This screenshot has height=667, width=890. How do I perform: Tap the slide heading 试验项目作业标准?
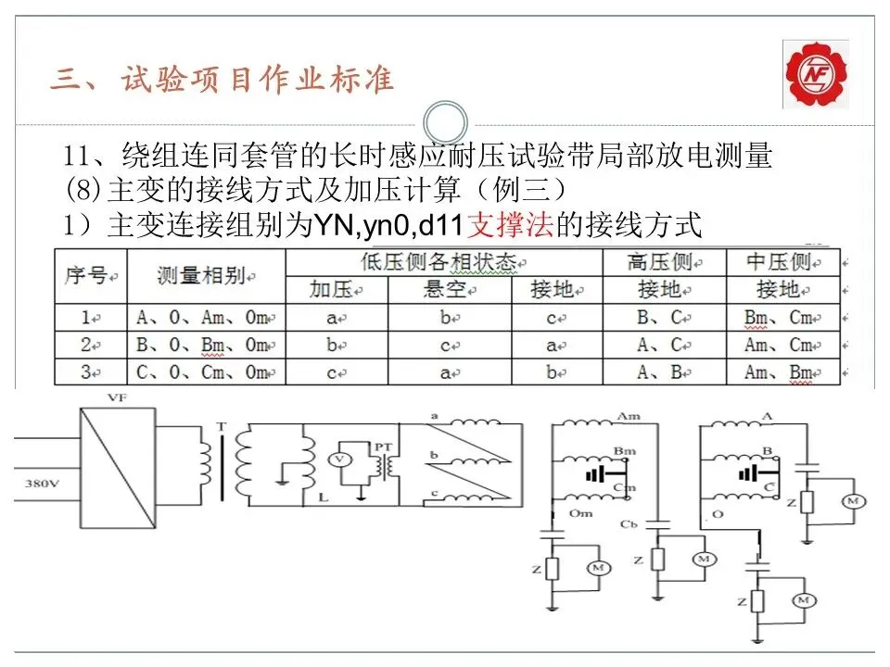pyautogui.click(x=258, y=80)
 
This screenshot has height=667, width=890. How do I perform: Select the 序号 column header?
pyautogui.click(x=89, y=275)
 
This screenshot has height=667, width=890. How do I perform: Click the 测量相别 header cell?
pyautogui.click(x=206, y=275)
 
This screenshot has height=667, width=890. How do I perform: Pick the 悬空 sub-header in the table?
pyautogui.click(x=450, y=290)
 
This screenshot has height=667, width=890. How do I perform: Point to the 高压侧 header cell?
pyautogui.click(x=661, y=262)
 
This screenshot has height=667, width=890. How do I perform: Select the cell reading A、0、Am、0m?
pyautogui.click(x=206, y=318)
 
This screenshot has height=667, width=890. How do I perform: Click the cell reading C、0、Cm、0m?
pyautogui.click(x=206, y=372)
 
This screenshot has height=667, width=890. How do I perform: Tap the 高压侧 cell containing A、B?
pyautogui.click(x=661, y=372)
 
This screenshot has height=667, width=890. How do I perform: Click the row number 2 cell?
pyautogui.click(x=89, y=346)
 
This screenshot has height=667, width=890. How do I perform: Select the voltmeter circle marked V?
pyautogui.click(x=338, y=459)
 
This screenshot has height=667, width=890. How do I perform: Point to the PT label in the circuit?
pyautogui.click(x=383, y=446)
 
